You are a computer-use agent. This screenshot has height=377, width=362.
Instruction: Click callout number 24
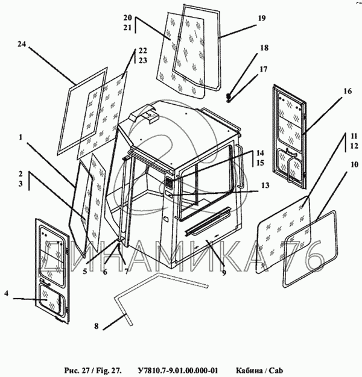pos(22,45)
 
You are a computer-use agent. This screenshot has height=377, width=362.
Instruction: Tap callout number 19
pos(262,19)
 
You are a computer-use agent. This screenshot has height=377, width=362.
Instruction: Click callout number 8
pos(96,326)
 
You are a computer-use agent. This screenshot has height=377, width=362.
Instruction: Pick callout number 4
pos(6,294)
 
